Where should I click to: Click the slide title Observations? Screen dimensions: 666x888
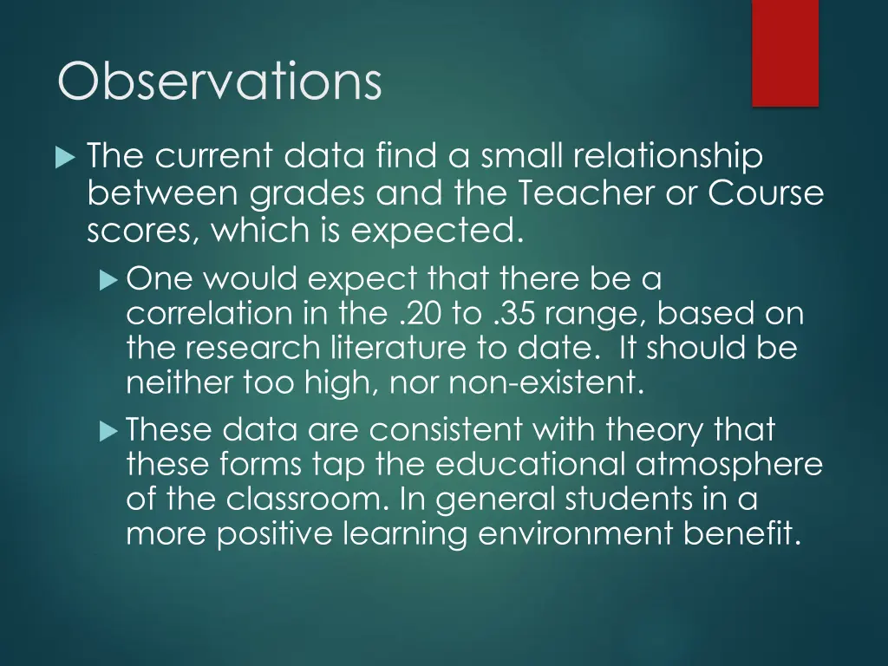[219, 82]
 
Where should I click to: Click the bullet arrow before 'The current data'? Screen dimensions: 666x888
[65, 158]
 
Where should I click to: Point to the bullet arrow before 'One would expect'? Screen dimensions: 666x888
[108, 280]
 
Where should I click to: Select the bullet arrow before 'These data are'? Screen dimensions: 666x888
[108, 429]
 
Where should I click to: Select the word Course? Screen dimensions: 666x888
[766, 194]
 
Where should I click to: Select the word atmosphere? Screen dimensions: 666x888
[728, 464]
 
